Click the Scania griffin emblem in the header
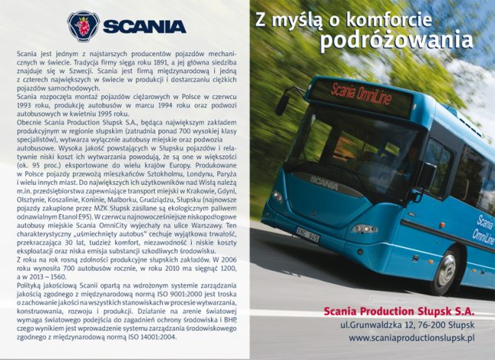tap(83, 25)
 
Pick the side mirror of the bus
tap(283, 101)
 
